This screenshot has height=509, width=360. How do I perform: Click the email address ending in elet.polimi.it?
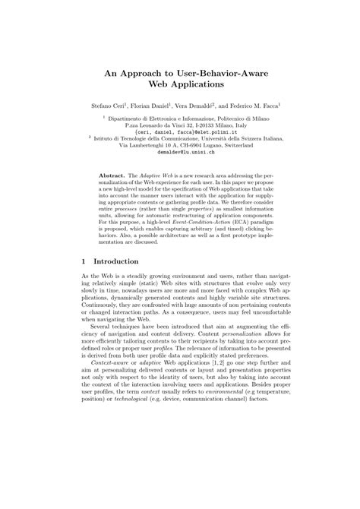pyautogui.click(x=180, y=131)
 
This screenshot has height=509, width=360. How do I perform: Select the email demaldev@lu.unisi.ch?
pyautogui.click(x=180, y=152)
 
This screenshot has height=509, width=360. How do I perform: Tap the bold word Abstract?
pyautogui.click(x=112, y=175)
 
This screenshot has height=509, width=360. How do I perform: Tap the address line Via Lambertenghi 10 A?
pyautogui.click(x=180, y=145)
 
